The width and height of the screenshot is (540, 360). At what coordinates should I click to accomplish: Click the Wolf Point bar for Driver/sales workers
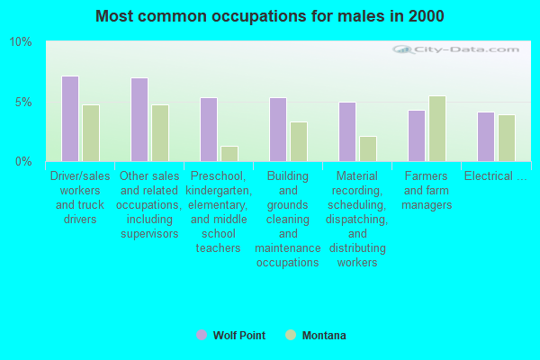pos(69,119)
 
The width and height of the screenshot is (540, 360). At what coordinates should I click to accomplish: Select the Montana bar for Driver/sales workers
pos(91,133)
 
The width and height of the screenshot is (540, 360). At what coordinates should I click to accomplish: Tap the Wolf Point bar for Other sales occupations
pos(139,120)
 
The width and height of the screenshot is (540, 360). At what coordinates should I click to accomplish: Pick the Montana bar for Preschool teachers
pos(229,154)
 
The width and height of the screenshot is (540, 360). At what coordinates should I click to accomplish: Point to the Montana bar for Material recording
pos(368,148)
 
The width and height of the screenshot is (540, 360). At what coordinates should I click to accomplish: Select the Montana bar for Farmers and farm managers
pos(437,129)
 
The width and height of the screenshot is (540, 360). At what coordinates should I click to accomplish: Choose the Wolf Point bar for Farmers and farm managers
pos(416,136)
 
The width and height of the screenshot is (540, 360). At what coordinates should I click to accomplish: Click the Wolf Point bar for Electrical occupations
pos(485,137)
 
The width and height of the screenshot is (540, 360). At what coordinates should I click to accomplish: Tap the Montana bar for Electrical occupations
pos(507,138)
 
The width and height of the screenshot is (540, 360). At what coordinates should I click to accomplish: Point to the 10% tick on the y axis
pos(21,42)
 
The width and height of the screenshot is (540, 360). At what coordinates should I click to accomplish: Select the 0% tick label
pos(23,162)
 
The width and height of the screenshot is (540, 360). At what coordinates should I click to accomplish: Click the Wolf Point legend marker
pos(201,335)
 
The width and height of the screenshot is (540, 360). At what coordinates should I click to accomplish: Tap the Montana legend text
pos(324,336)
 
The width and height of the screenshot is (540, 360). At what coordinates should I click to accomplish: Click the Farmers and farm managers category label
pos(427,191)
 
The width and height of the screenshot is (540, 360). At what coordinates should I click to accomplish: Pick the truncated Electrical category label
pos(495,176)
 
